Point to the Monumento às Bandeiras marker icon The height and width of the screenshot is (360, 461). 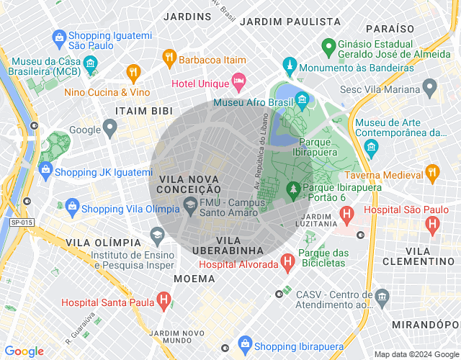click(289, 67)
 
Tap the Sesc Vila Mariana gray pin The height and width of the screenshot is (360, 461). click(430, 89)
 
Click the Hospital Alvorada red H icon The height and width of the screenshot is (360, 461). click(288, 263)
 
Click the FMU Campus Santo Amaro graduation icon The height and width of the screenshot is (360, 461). click(189, 205)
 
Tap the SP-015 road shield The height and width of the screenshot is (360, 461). click(22, 223)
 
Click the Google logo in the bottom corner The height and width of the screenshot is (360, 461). click(24, 351)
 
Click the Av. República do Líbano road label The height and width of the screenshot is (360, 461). click(256, 152)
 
